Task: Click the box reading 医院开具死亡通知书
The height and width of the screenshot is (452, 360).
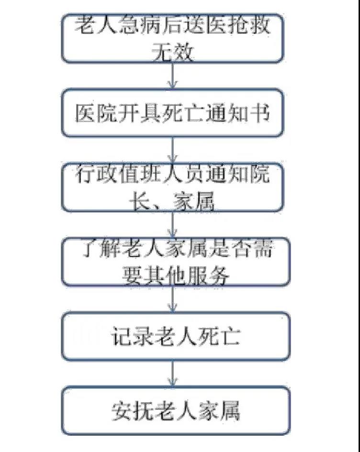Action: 172,113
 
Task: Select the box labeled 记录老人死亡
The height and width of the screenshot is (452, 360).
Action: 176,336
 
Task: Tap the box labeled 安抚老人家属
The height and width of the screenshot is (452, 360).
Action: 176,410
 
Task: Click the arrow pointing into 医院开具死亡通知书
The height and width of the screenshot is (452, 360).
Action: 172,76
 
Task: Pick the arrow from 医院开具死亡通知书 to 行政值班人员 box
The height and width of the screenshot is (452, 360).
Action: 172,150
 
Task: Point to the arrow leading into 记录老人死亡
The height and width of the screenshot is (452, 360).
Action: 172,299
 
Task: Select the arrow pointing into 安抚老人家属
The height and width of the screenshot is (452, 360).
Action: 172,373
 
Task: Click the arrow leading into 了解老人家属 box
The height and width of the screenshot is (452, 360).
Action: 172,225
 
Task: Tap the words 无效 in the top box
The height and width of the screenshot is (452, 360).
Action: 172,52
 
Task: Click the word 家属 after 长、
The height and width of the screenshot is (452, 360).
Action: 194,201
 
